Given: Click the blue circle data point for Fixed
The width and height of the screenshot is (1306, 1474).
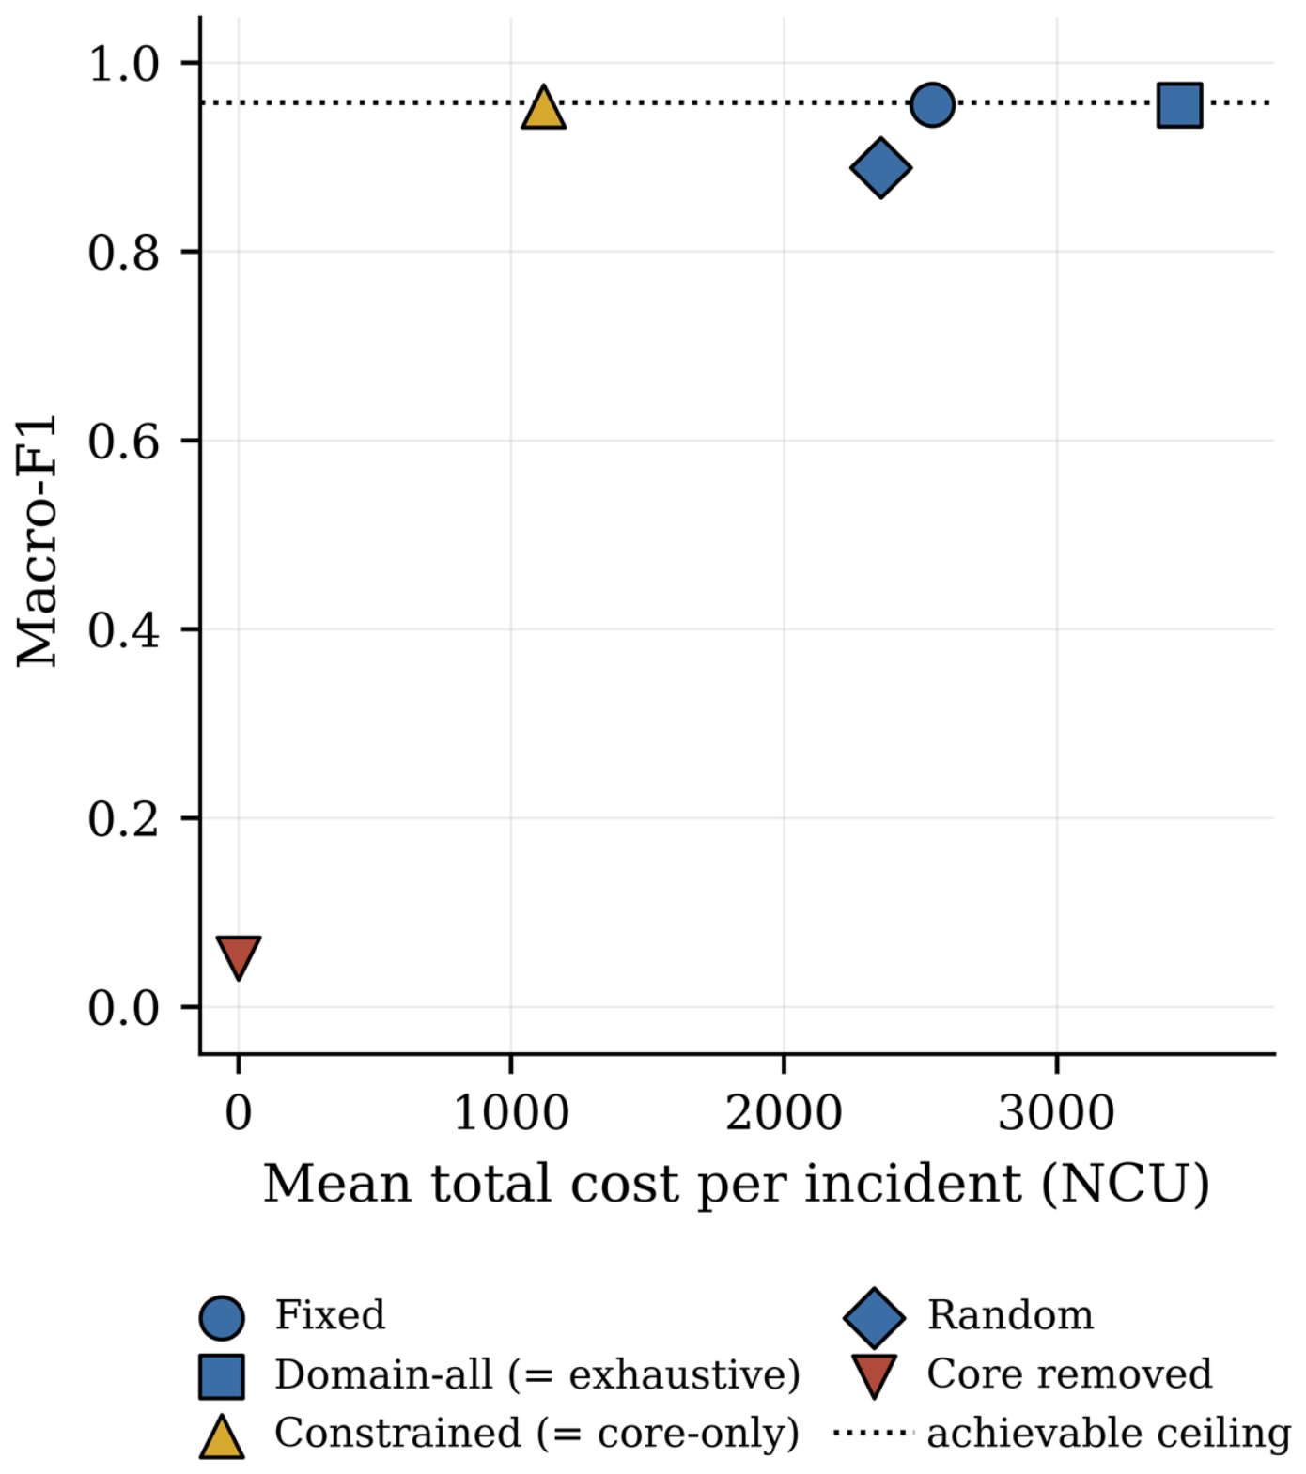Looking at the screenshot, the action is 932,104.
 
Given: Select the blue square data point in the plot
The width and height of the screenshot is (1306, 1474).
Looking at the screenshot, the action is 1179,104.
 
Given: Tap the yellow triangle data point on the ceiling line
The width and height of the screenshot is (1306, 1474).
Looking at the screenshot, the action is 543,108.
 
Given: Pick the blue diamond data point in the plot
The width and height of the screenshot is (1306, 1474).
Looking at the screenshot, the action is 879,169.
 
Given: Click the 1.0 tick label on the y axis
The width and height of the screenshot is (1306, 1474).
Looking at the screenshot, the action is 124,64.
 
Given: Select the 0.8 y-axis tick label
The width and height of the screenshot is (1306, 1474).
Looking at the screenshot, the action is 124,253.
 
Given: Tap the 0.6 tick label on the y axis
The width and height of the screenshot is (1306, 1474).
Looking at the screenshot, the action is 124,442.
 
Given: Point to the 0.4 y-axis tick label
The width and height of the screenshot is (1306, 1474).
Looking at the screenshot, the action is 124,630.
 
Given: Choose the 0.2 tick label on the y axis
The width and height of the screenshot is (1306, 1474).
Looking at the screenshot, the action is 124,819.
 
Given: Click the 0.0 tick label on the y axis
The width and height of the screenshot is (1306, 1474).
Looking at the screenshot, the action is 124,1008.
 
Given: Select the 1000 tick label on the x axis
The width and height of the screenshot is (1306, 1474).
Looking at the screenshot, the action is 511,1113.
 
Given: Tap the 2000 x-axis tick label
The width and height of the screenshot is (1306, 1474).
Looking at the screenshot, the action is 784,1113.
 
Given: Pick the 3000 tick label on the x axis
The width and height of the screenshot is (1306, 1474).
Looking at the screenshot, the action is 1056,1113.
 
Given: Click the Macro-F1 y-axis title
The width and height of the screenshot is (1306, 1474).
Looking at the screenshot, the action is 38,540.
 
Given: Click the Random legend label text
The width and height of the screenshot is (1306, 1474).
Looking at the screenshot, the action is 1011,1315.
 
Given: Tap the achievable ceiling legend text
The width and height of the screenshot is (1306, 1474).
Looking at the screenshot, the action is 1109,1434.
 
